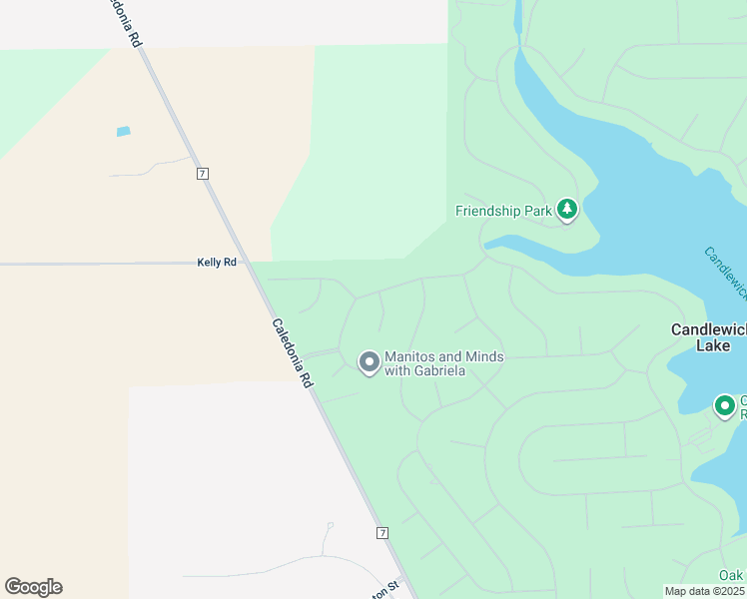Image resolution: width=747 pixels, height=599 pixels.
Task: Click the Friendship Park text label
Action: coord(502,211)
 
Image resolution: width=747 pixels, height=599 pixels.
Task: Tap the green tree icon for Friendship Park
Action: coord(567,210)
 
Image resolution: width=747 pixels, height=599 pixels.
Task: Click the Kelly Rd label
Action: coord(217,263)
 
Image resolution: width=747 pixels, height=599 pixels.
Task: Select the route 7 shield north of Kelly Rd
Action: coord(203,173)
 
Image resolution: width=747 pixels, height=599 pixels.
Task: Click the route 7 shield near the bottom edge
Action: coord(382,533)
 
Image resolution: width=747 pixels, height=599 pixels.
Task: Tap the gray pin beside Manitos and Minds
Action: coord(369,362)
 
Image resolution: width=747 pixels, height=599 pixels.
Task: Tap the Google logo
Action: coord(33,587)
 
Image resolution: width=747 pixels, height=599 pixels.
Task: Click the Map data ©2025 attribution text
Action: coord(704,591)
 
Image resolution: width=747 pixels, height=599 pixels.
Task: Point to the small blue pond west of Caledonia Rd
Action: coord(123,131)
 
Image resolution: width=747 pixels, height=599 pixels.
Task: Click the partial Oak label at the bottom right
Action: coord(732,575)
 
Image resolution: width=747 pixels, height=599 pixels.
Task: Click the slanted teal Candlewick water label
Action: coord(725,272)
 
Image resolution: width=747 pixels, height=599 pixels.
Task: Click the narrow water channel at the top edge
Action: coord(518,20)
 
